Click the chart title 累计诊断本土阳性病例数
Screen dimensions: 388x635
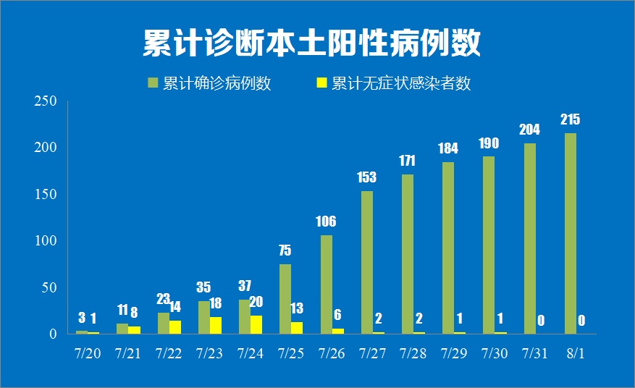point(311,43)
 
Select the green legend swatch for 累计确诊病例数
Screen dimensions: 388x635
point(153,83)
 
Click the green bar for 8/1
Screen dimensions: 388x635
point(570,233)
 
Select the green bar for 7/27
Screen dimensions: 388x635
point(367,262)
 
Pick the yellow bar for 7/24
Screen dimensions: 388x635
point(256,324)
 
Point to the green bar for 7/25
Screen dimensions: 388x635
point(285,298)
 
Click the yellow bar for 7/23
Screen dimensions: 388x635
point(216,325)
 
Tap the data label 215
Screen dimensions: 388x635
point(570,120)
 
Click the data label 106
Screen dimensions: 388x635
point(326,222)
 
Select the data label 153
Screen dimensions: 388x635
point(367,177)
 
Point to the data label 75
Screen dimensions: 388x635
point(285,250)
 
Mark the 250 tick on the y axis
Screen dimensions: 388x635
point(46,101)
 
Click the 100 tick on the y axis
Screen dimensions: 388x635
point(46,241)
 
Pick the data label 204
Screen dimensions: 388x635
point(529,130)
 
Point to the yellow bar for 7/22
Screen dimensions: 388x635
point(175,326)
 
